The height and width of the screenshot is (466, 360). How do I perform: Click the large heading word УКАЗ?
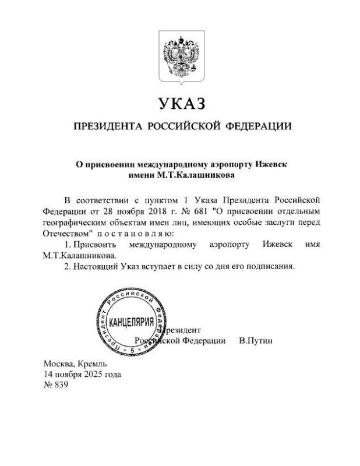pyautogui.click(x=181, y=104)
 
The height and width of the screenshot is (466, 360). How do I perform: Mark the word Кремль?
pyautogui.click(x=91, y=363)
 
